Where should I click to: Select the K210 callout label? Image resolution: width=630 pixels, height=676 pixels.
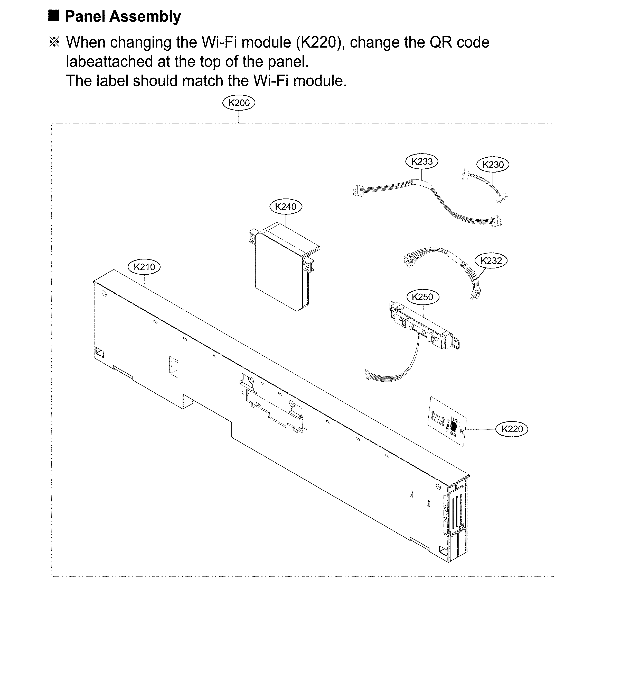[144, 267]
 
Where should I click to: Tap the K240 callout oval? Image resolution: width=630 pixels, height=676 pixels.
[285, 207]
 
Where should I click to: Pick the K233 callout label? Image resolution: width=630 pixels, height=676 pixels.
[421, 161]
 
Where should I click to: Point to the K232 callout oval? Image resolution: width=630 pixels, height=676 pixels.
[491, 260]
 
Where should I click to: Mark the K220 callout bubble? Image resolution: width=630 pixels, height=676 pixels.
[512, 429]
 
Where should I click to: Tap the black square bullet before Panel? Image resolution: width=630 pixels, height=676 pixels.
[54, 16]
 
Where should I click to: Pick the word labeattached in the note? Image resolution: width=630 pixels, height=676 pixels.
[109, 61]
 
